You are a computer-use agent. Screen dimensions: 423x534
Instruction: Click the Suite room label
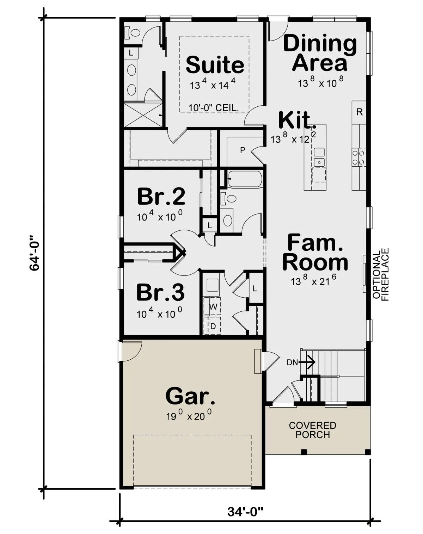coord(215,64)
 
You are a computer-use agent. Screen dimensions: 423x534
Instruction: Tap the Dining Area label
coord(320,53)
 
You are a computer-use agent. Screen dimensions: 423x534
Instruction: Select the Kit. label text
coord(297,120)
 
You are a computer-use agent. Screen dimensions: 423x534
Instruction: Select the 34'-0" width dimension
coord(245,511)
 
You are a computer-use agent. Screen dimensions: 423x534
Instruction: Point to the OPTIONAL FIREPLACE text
coord(381,275)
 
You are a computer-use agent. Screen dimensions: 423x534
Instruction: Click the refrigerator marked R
coord(359,112)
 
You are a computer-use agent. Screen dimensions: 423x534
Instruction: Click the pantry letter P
coord(243,150)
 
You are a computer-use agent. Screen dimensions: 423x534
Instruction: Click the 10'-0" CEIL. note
coord(214,108)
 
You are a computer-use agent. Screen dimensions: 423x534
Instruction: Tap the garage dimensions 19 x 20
coord(189,415)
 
